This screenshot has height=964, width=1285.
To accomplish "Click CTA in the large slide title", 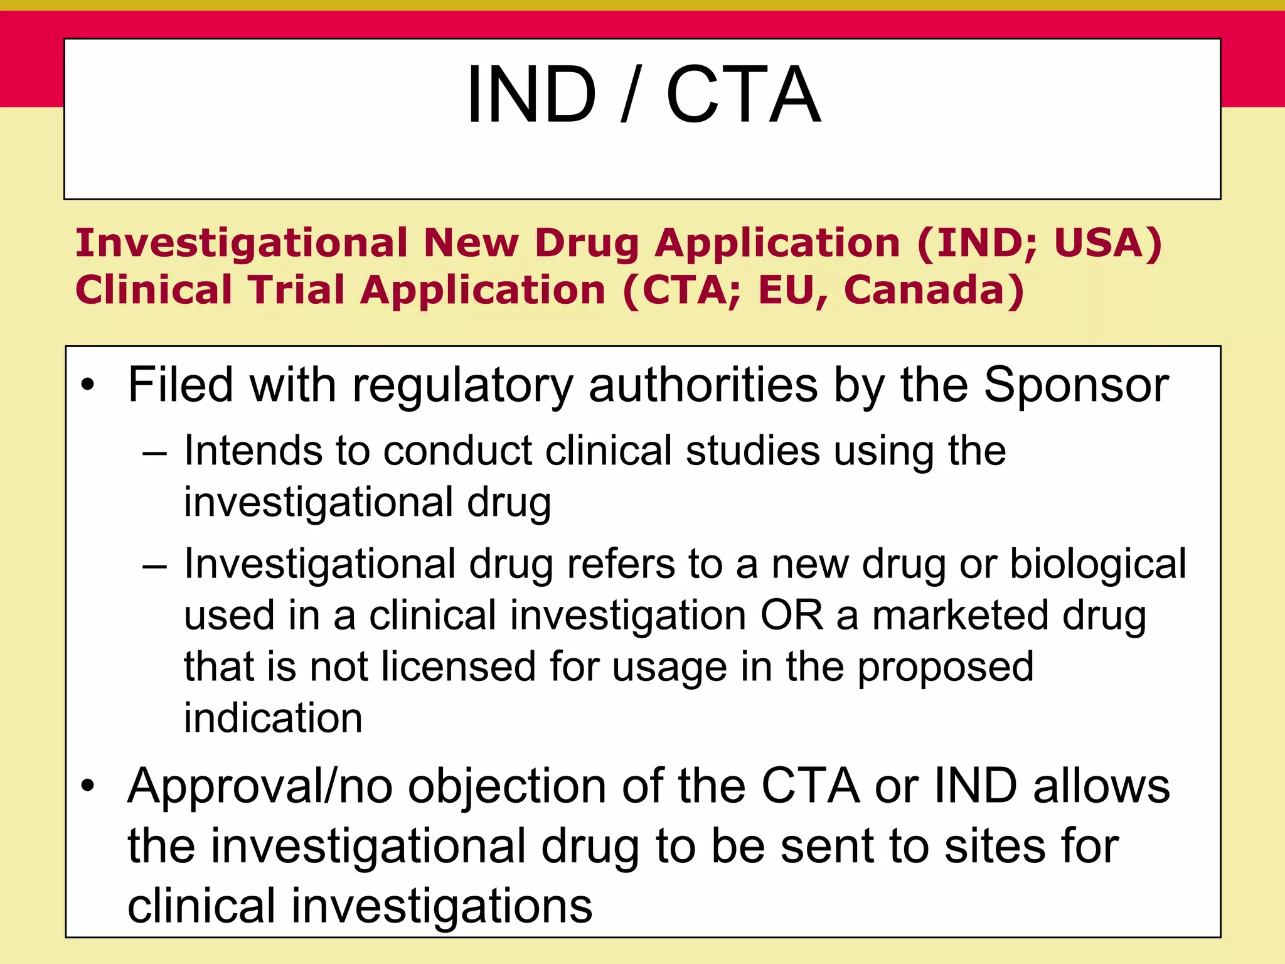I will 743,95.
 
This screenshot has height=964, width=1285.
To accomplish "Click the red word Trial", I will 295,290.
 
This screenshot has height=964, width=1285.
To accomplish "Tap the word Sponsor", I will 1075,385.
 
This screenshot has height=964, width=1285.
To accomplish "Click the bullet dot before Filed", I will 88,385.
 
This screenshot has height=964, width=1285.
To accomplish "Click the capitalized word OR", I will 791,615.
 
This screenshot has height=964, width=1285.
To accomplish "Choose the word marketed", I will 960,615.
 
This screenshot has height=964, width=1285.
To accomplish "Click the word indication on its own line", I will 273,718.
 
